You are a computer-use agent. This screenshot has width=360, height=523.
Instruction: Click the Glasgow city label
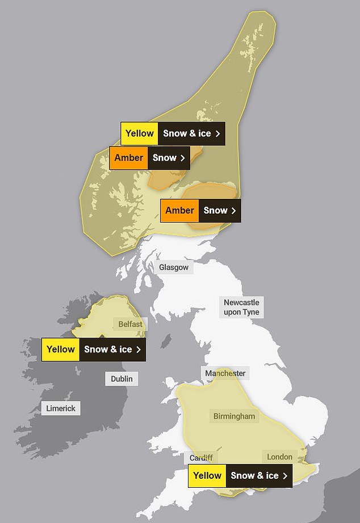[x=174, y=267]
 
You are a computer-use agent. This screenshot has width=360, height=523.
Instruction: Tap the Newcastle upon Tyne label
[x=241, y=307]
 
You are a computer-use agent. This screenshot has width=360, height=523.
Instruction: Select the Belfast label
[x=131, y=324]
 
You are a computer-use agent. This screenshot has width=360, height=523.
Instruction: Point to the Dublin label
[x=122, y=379]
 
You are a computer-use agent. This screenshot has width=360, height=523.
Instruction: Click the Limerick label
[x=61, y=408]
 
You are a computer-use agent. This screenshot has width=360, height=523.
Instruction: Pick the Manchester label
[x=225, y=373]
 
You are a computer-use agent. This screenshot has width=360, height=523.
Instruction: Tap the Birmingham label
[x=234, y=416]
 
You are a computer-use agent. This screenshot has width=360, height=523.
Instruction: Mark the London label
[x=279, y=457]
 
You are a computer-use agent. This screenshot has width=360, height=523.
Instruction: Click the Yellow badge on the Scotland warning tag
[x=140, y=133]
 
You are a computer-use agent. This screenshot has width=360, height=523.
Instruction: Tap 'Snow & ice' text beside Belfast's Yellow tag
[x=108, y=349]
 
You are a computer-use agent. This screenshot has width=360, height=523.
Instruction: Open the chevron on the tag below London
[x=285, y=476]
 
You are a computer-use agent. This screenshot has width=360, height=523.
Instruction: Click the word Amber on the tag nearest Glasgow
[x=179, y=210]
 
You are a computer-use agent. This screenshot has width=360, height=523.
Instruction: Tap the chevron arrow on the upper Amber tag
[x=183, y=158]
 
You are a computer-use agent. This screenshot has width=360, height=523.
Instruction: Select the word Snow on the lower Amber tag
[x=215, y=210]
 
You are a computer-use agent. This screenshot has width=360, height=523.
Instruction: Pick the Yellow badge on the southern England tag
[x=207, y=476]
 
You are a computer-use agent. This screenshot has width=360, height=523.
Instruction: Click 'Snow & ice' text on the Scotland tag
[x=187, y=133]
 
